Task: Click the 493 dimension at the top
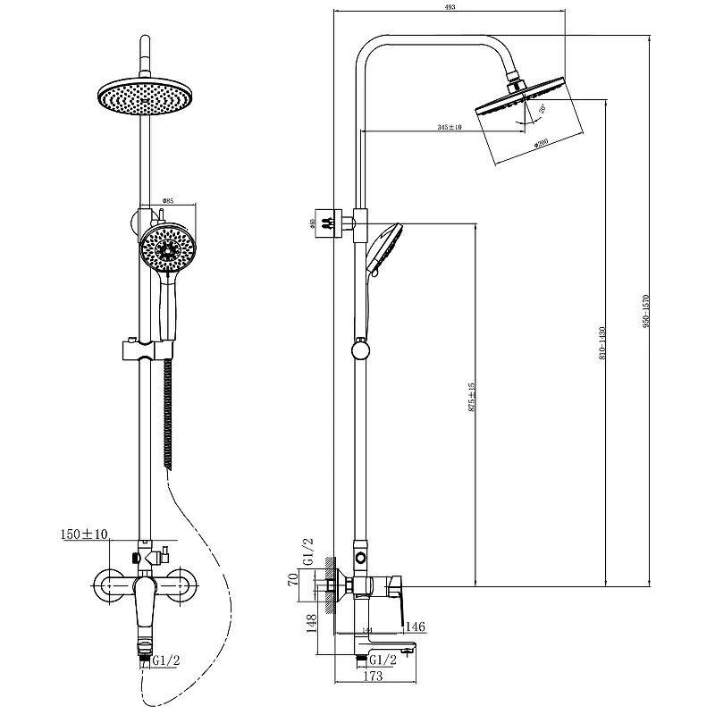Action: pos(449,6)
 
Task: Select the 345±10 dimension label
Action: pos(450,128)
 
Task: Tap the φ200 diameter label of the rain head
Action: pos(541,144)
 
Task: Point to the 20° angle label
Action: pos(542,111)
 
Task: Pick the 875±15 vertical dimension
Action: pos(471,397)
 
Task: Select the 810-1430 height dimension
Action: pos(603,342)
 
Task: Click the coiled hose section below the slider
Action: pos(167,411)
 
